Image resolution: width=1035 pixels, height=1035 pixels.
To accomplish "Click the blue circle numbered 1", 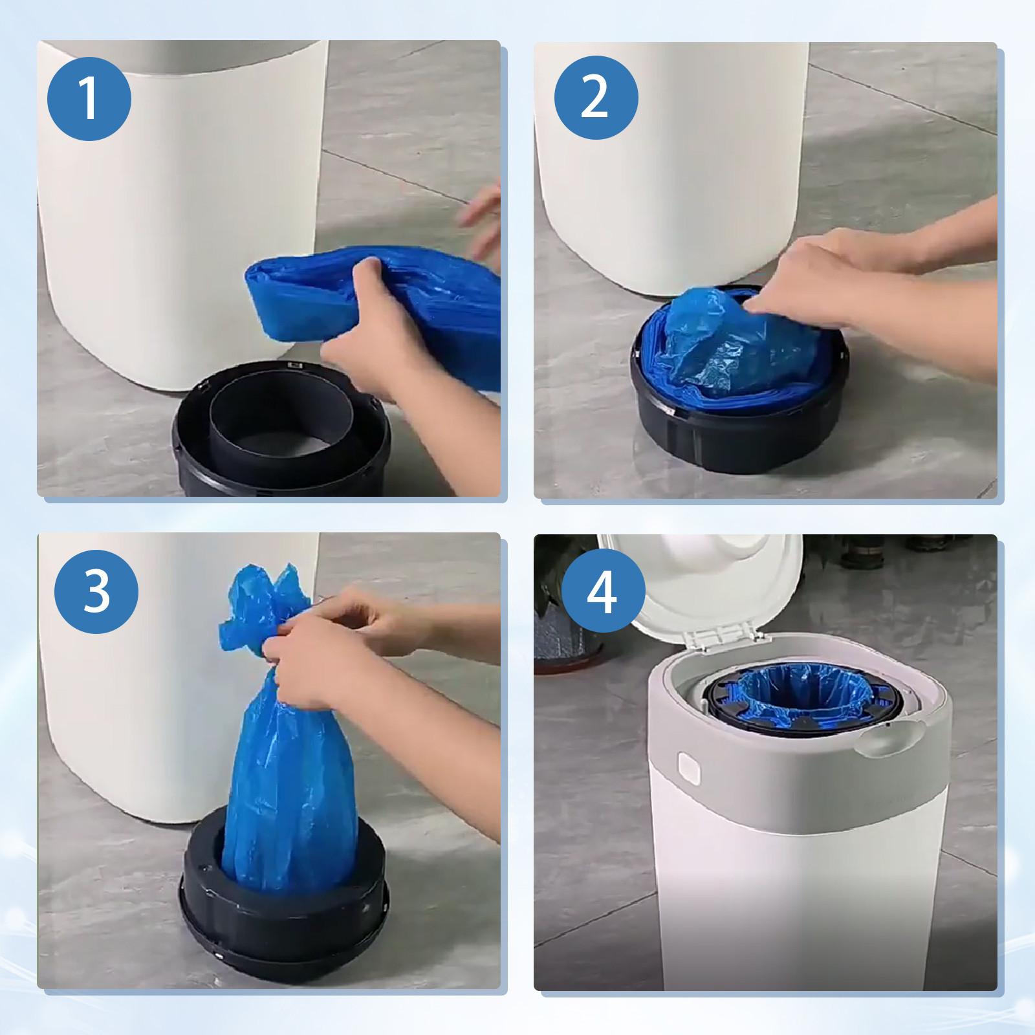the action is tap(89, 98).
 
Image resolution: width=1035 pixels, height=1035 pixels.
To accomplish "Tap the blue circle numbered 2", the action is tap(596, 98).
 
